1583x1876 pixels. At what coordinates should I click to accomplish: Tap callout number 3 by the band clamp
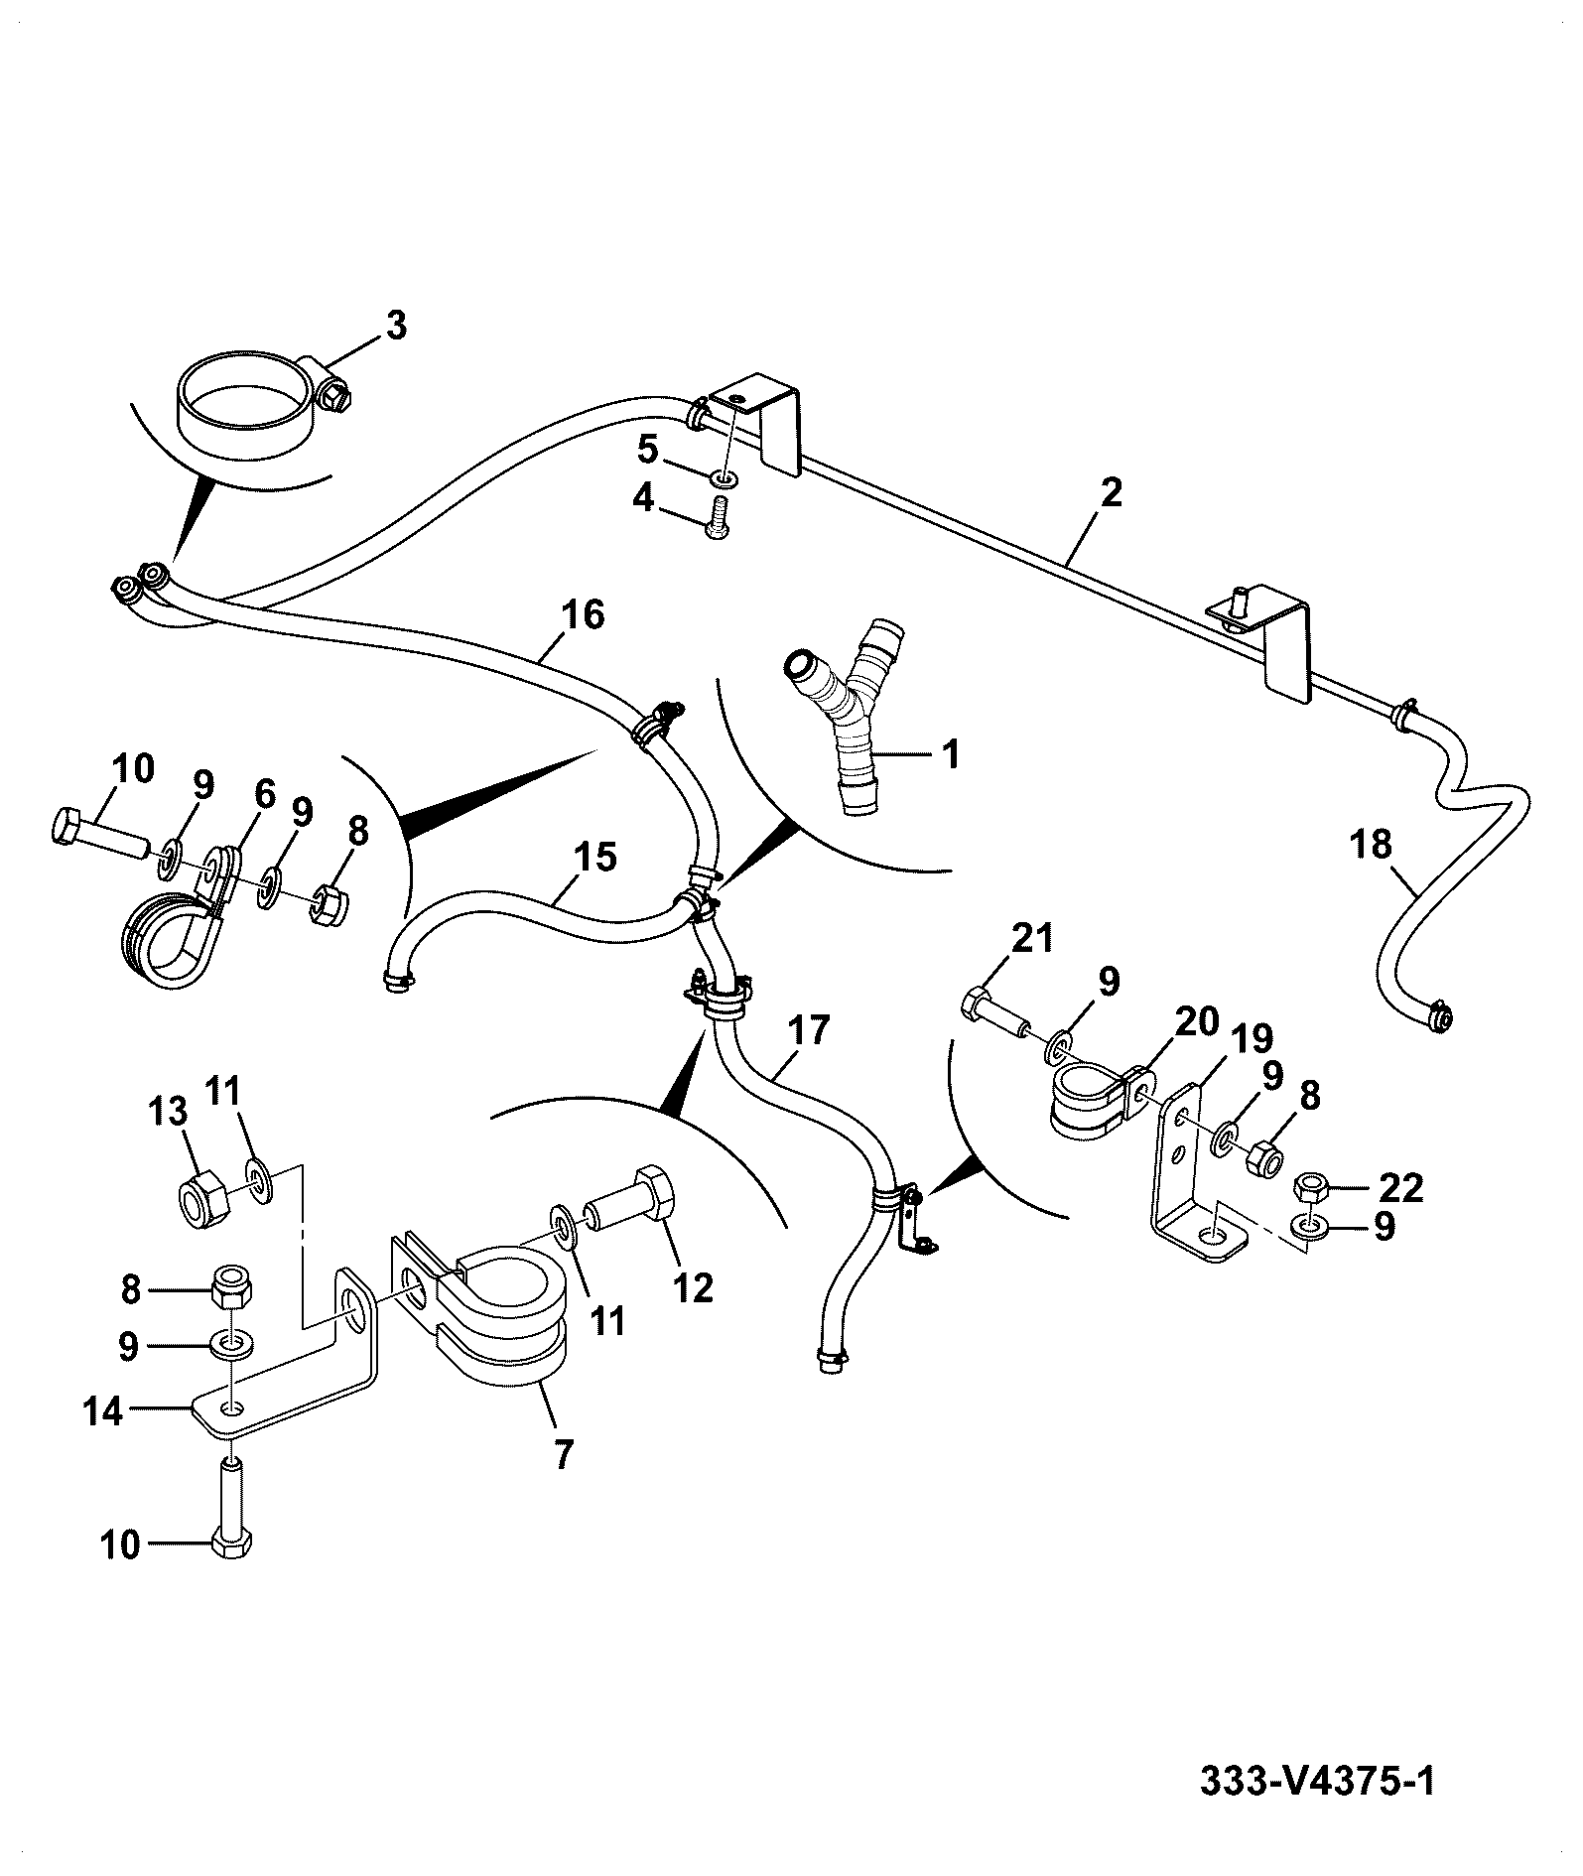click(396, 326)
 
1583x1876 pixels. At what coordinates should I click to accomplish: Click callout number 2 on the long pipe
click(1111, 493)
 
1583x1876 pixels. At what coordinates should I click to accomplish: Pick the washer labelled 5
click(725, 480)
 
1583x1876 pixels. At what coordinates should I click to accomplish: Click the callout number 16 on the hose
click(585, 615)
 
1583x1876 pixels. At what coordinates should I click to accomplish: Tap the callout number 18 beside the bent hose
click(1372, 845)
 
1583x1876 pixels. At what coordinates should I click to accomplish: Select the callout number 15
click(596, 857)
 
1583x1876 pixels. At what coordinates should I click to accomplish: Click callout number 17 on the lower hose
click(809, 1029)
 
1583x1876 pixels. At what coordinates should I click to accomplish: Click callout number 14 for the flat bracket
click(102, 1411)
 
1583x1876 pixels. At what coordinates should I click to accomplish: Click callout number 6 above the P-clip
click(264, 794)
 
